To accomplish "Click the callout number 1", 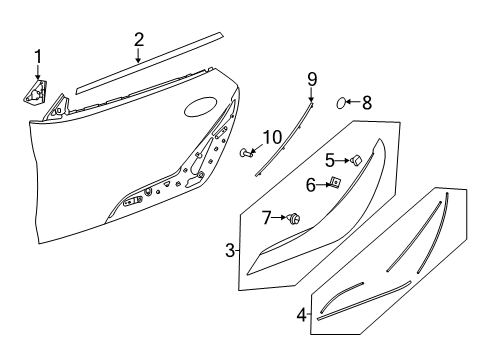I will coord(39,55).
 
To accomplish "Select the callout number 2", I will coord(139,40).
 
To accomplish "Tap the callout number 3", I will coord(229,250).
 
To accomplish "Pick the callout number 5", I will coord(329,158).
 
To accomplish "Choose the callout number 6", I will coord(311,184).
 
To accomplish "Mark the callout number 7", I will coord(267,217).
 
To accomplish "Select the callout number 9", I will coord(311,78).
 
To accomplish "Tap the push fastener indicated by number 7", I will coord(295,218).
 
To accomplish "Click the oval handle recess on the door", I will coord(204,107).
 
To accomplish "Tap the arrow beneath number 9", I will coord(311,96).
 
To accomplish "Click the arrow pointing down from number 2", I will coord(139,58).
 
